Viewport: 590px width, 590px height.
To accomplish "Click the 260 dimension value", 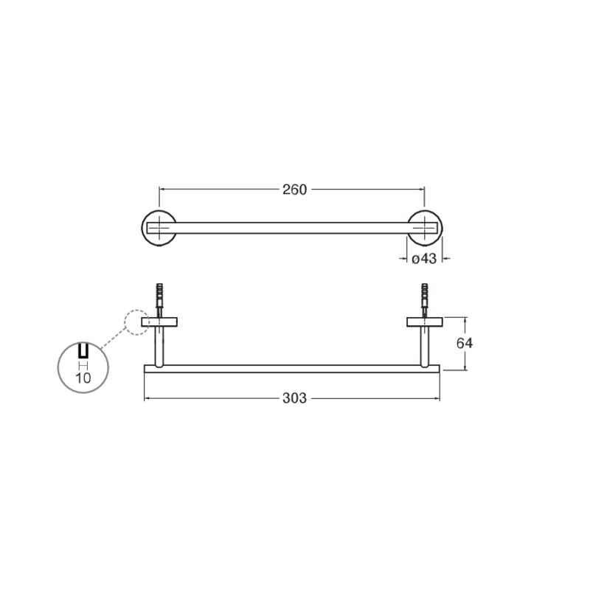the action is click(x=294, y=190).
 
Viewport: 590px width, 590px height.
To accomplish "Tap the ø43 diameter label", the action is click(x=424, y=259).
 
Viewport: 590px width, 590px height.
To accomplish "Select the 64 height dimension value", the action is click(x=465, y=343).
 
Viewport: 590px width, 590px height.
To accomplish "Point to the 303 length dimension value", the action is click(x=294, y=398).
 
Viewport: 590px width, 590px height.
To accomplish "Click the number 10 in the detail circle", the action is click(x=83, y=378).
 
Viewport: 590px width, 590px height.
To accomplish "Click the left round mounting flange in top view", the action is click(x=142, y=228).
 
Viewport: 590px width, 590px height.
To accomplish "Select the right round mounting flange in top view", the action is click(x=441, y=228).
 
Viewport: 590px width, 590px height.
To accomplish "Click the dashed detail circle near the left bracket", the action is click(x=125, y=322).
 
